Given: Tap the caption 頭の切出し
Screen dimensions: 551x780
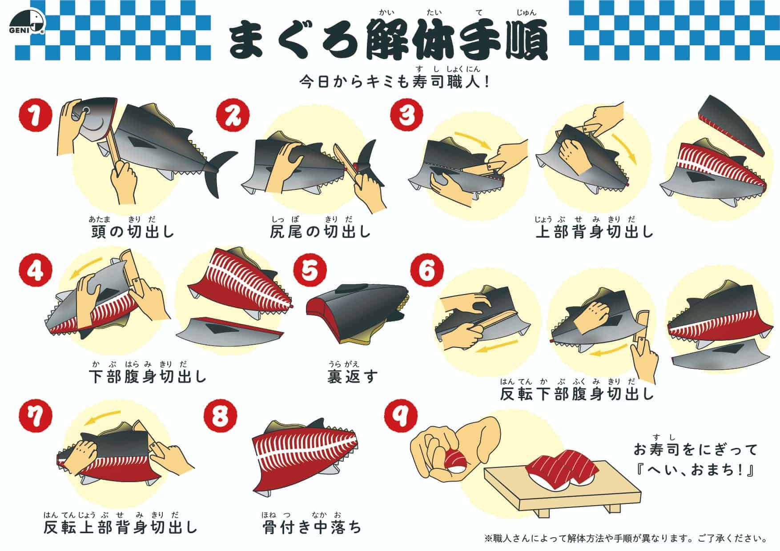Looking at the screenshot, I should tap(133, 232).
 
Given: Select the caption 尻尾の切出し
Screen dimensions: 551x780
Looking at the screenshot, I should tap(320, 232).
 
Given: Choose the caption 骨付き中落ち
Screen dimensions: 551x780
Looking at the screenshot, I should tap(312, 527).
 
